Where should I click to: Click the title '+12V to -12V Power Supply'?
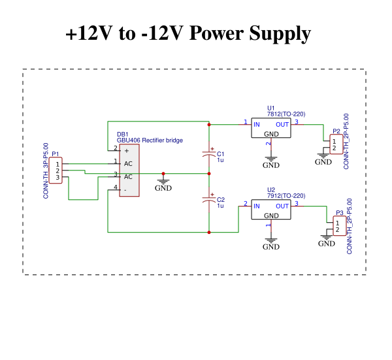[x=188, y=33]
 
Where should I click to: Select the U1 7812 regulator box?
[x=271, y=128]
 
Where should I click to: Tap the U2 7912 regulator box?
[x=271, y=210]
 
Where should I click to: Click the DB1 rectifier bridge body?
[x=129, y=170]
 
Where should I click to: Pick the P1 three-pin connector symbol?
[x=57, y=170]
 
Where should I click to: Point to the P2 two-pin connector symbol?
[x=335, y=144]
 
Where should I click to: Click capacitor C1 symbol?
[x=208, y=154]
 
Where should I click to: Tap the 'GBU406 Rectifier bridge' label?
[x=150, y=140]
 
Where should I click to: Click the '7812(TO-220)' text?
[x=286, y=114]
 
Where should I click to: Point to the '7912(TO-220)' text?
[x=286, y=195]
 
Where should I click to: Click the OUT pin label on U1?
[x=282, y=124]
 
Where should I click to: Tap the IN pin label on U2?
[x=257, y=206]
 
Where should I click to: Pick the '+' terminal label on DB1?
[x=126, y=150]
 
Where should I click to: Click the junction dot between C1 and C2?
[x=208, y=174]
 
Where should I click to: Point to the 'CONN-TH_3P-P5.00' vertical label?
[x=46, y=171]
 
